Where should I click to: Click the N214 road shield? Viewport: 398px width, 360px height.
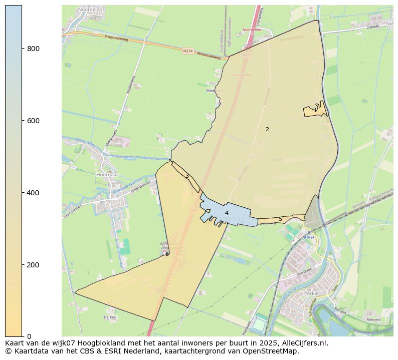pos(187,51)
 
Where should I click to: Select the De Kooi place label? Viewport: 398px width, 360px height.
pos(110,317)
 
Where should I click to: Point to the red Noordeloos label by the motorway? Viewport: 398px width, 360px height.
pos(253,30)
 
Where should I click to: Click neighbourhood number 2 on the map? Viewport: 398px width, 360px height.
pos(267,129)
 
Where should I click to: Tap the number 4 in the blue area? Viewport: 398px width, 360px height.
pos(227,213)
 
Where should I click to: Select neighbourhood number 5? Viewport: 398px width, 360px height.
pos(280,219)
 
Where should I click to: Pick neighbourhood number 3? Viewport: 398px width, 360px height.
pos(187,176)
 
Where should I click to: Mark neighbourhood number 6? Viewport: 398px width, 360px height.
pos(167,254)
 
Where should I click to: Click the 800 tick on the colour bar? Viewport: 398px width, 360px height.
pos(34,49)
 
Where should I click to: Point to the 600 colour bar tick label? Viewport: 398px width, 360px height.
pos(34,121)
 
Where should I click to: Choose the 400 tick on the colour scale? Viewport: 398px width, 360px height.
pos(34,193)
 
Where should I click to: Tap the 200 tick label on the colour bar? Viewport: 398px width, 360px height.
pos(34,265)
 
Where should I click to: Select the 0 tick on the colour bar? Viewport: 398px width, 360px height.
pos(29,336)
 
